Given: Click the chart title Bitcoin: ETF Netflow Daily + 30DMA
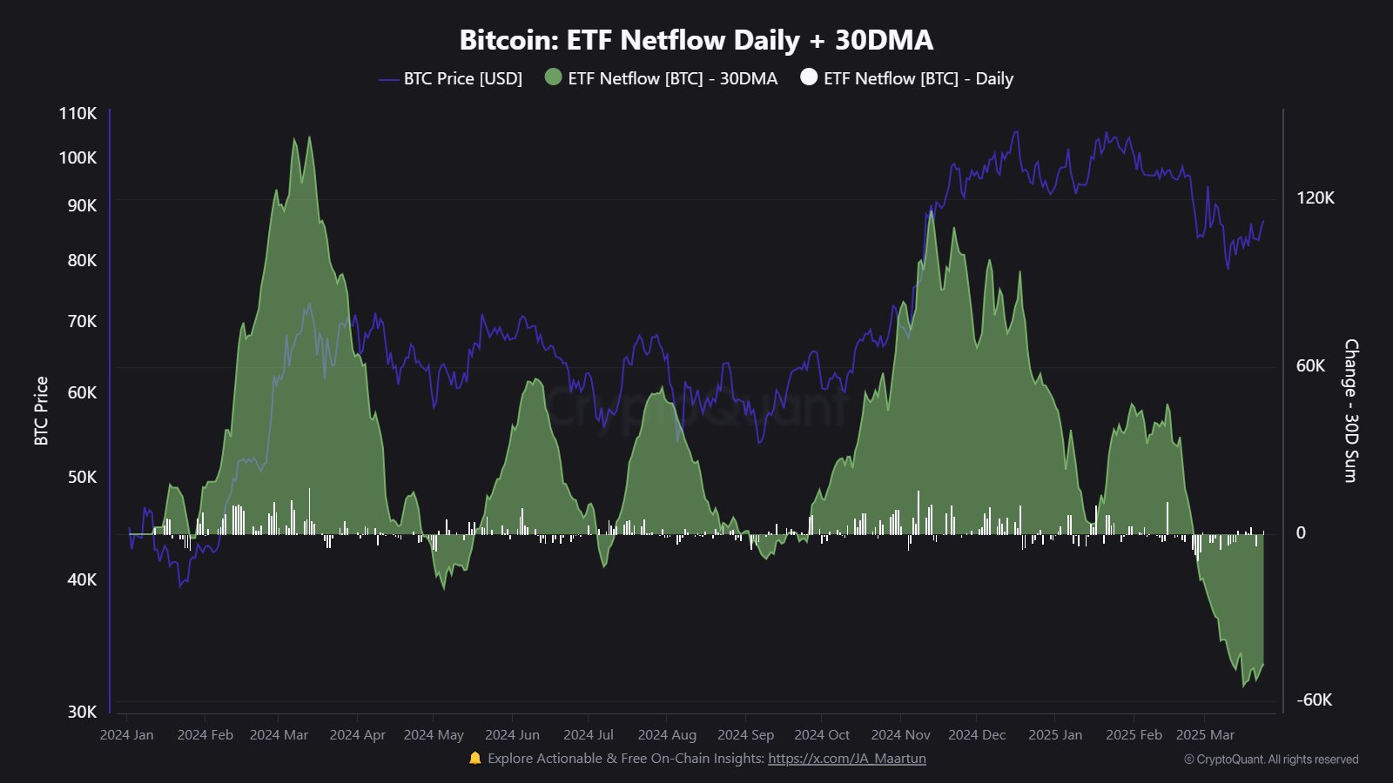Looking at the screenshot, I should coord(696,40).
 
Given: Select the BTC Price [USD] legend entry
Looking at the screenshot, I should coord(461,78).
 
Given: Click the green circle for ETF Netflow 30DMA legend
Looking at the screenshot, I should coord(553,77).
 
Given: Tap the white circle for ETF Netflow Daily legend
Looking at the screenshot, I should coord(809,77).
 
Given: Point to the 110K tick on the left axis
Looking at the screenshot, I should coord(78,113).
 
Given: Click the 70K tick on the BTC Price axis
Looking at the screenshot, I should coord(83,321).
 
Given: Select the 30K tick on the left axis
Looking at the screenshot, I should coord(83,712).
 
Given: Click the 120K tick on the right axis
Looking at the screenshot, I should coord(1315,197).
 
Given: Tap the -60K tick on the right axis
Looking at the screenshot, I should coord(1314,699).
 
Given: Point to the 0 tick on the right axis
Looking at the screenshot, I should coord(1301,532).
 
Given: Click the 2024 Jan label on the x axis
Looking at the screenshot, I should coord(127,734).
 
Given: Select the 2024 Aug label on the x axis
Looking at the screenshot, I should coord(667,734).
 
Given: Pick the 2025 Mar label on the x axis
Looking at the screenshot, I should coord(1205,734).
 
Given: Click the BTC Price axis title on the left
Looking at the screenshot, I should coord(41,411).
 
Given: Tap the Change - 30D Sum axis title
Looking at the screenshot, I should coord(1350,411).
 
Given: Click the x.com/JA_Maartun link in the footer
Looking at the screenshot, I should coord(846,758).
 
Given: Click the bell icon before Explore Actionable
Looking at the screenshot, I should coord(474,758).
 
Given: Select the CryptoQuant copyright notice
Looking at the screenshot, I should coord(1271,759).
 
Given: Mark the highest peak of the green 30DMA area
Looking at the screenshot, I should coord(295,137).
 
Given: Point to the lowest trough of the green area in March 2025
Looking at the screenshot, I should coord(1244,686).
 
